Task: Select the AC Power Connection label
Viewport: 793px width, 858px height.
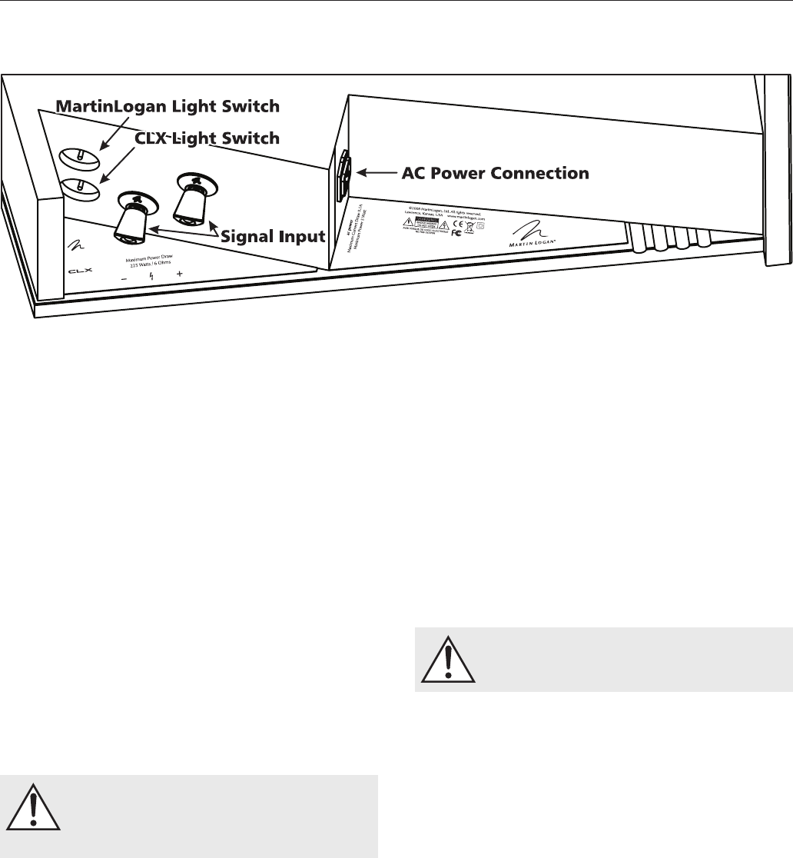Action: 496,173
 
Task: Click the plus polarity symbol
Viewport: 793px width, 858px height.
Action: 179,274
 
